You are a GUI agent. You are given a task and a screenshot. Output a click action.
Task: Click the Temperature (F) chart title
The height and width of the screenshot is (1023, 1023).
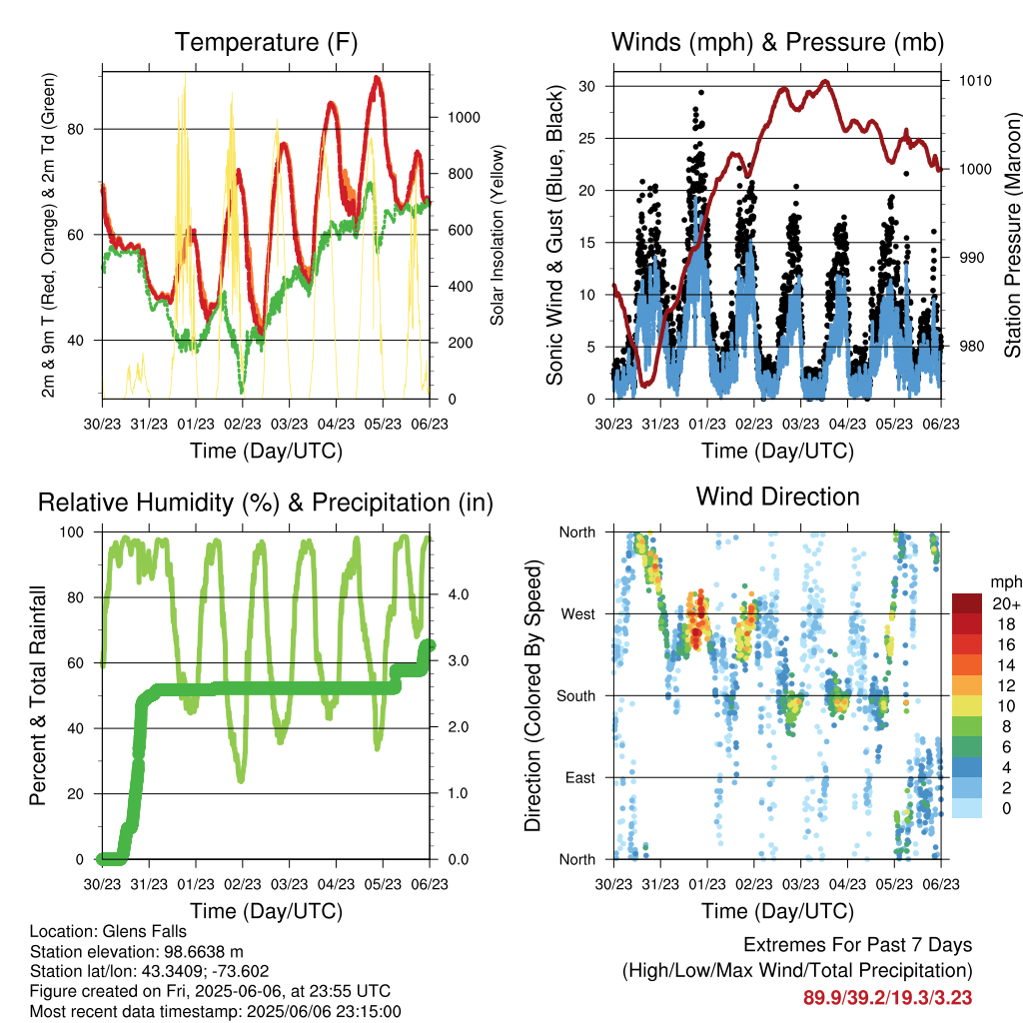tap(266, 42)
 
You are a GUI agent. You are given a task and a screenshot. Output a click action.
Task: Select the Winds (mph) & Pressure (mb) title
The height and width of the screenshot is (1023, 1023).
tap(777, 42)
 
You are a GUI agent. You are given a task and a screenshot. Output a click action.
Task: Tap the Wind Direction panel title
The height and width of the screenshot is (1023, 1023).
tap(777, 497)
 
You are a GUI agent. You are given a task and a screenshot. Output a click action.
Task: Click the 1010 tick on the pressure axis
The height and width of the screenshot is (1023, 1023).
tap(975, 81)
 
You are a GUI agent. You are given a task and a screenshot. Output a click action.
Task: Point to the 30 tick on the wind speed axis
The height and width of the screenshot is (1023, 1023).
tap(586, 86)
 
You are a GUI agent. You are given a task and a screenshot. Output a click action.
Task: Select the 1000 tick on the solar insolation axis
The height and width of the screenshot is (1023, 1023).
tap(464, 118)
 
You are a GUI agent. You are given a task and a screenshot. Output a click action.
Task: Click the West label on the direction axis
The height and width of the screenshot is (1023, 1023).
tap(578, 614)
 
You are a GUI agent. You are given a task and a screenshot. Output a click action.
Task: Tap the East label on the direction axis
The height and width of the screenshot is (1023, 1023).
tap(580, 777)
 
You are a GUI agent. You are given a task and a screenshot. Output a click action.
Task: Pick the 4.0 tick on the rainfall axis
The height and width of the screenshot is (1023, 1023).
tap(458, 594)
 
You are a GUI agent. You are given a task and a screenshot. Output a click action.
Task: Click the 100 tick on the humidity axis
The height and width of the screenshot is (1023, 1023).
tap(72, 532)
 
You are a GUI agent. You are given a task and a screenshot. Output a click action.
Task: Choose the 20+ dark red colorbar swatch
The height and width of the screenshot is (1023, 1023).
tap(967, 603)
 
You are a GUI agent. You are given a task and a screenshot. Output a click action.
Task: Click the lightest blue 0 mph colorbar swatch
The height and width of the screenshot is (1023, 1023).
tap(967, 808)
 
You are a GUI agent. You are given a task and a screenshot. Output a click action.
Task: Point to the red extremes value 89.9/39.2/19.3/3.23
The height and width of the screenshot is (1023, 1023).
tap(887, 998)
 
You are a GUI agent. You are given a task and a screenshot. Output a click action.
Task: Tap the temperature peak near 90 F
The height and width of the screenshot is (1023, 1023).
tap(377, 78)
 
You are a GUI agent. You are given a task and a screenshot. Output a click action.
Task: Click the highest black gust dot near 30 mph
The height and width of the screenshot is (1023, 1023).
tap(701, 93)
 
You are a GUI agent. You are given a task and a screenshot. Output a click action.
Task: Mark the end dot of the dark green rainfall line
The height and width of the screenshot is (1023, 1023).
tap(430, 646)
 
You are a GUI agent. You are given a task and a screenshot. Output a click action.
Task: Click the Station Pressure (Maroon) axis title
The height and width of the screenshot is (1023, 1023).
tap(1012, 235)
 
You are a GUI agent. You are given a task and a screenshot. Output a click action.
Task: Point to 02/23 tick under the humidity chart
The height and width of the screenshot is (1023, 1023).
tap(243, 884)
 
